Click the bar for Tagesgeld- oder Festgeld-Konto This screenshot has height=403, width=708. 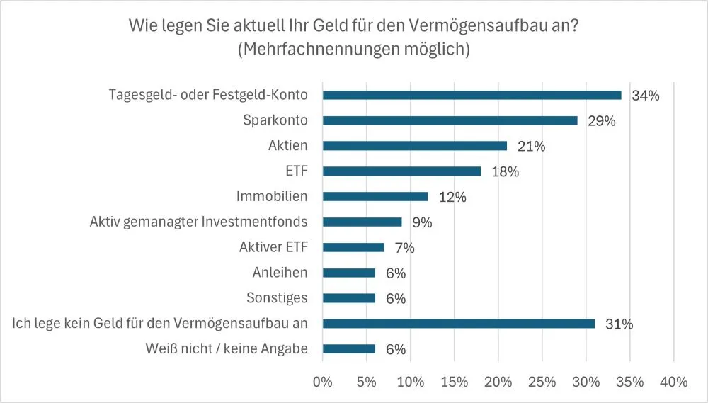pos(472,95)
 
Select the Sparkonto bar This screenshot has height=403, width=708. pos(450,120)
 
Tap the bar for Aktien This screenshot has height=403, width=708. pos(415,146)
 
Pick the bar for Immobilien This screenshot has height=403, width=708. pos(375,196)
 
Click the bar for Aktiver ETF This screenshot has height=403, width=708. pos(353,247)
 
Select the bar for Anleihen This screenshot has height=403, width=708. pos(349,273)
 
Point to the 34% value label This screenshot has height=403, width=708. pos(645,96)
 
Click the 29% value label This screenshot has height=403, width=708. pos(601,121)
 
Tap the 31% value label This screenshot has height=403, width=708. pos(618,324)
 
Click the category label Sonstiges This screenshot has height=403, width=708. pos(277,298)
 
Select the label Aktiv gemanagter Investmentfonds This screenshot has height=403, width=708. pos(198,222)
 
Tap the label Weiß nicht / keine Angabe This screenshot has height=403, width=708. pos(227,349)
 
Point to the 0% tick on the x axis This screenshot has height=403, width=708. pos(322,382)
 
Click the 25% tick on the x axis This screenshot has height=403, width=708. pos(542,382)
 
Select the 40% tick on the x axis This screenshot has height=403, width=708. pos(673,382)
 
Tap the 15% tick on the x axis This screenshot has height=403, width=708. pos(454,382)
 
